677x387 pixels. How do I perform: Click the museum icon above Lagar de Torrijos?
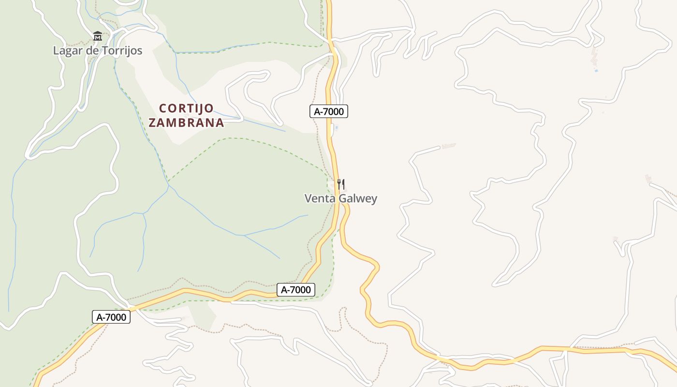tap(98, 36)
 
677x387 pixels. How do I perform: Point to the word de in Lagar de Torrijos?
tap(91, 50)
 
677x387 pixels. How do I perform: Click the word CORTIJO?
tap(186, 108)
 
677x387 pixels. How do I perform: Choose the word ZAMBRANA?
tap(186, 122)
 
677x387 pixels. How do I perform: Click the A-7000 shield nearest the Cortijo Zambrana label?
tap(329, 112)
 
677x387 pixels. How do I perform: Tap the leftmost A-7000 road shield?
tap(111, 317)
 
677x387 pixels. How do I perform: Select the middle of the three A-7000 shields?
tap(296, 290)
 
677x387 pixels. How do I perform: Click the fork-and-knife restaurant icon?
tap(341, 184)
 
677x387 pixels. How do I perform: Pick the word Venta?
tap(319, 198)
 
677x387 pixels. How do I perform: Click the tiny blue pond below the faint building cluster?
tap(596, 71)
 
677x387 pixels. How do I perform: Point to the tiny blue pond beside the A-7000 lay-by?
tap(337, 128)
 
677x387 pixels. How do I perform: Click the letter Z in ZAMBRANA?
tap(152, 122)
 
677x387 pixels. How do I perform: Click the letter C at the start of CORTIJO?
tap(163, 108)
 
